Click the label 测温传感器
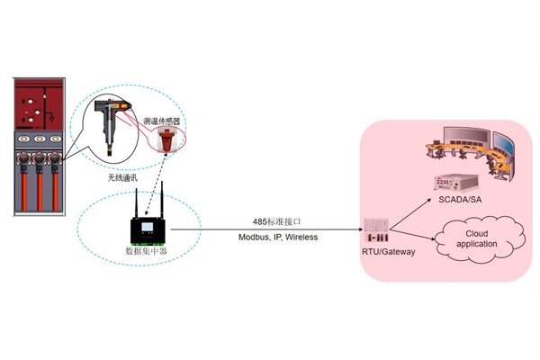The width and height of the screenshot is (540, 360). click(164, 120)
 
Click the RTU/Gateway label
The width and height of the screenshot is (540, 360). click(388, 252)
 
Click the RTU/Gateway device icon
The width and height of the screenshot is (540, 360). click(378, 230)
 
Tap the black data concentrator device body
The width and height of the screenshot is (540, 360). click(148, 229)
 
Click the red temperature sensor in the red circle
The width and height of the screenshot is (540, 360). click(166, 139)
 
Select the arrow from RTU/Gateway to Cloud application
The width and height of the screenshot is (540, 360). click(416, 236)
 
